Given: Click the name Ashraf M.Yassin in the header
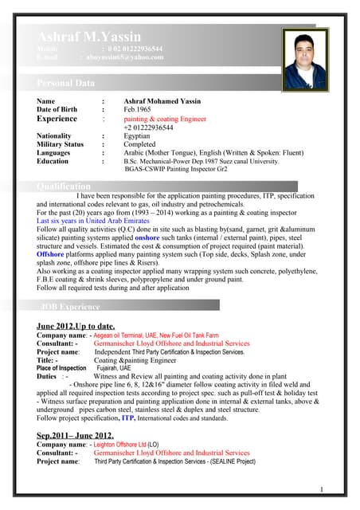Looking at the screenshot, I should click(x=89, y=37).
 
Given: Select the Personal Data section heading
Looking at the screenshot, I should click(x=66, y=83).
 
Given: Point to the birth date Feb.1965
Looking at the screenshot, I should click(x=143, y=109).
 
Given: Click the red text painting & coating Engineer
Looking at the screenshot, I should click(x=165, y=119).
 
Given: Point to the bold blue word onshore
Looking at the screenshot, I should click(x=147, y=237).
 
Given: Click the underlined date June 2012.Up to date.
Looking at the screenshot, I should click(x=76, y=326).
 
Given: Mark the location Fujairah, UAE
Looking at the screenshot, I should click(x=114, y=368).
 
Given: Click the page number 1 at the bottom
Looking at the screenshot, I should click(x=321, y=488).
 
